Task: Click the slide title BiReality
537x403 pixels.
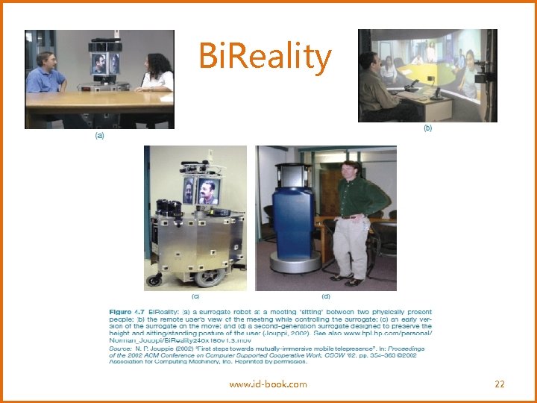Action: tap(265, 57)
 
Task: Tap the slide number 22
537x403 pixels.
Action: tap(500, 384)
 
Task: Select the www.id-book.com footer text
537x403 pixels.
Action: tap(268, 384)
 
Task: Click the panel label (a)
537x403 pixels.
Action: tap(100, 137)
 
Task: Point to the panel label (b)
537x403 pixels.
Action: tap(427, 128)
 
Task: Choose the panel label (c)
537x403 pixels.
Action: tap(195, 296)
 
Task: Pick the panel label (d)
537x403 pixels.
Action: tap(325, 296)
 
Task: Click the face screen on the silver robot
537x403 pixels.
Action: tap(208, 191)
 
